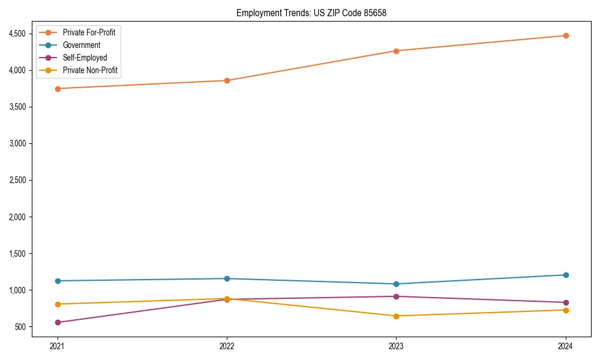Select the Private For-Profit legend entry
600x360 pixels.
click(x=89, y=32)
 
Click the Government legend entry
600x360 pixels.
click(x=82, y=45)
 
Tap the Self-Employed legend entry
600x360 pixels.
click(x=85, y=58)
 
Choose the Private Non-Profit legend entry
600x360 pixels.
click(x=90, y=70)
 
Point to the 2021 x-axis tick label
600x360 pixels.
click(x=58, y=346)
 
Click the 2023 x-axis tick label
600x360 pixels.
click(x=396, y=346)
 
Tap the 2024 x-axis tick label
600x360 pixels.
click(x=565, y=346)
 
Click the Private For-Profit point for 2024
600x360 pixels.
click(x=565, y=35)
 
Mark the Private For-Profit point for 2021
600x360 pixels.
click(x=58, y=89)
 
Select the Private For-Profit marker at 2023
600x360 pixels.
click(x=396, y=51)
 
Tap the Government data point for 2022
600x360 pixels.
click(x=227, y=278)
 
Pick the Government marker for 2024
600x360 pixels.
click(x=565, y=275)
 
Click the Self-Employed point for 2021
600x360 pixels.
click(x=58, y=322)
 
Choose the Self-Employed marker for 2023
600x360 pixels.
click(x=396, y=296)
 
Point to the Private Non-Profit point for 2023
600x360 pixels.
click(x=396, y=316)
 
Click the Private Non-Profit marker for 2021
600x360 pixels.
click(x=58, y=304)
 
